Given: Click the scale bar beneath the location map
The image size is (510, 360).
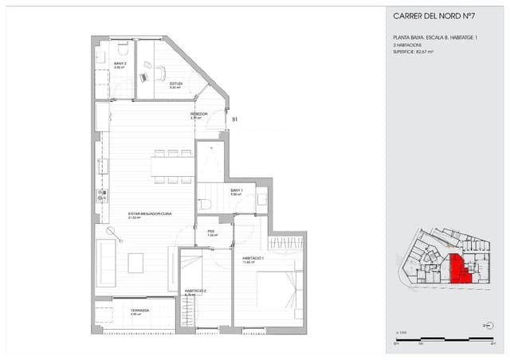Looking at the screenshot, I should (x=435, y=340).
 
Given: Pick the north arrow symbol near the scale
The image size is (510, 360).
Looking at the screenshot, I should (x=486, y=326).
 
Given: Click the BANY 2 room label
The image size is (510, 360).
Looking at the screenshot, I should (x=120, y=65).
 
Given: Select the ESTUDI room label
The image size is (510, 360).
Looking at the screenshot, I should (x=176, y=84).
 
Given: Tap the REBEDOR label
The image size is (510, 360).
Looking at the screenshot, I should (x=199, y=115).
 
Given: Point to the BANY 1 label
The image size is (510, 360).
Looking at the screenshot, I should (x=237, y=191).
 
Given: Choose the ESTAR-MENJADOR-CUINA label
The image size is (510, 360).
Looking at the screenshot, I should (x=146, y=213).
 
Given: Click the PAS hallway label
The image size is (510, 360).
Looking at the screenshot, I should (x=212, y=233).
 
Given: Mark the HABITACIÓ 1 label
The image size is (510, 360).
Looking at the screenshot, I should (x=253, y=259).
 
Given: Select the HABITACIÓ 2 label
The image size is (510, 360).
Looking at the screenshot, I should (x=195, y=291).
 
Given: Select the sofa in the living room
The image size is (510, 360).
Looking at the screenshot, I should (x=105, y=262).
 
